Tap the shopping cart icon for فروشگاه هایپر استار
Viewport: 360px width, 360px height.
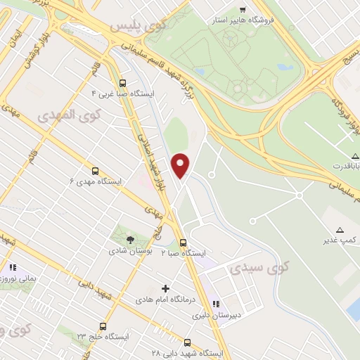pyautogui.click(x=243, y=10)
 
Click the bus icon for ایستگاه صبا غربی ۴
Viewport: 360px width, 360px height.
pyautogui.click(x=123, y=81)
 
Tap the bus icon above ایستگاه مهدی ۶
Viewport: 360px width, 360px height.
pyautogui.click(x=95, y=170)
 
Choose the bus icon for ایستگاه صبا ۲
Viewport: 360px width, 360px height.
pyautogui.click(x=184, y=242)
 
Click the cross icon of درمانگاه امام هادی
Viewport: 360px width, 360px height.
pyautogui.click(x=166, y=288)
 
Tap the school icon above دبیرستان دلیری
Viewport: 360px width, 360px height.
pyautogui.click(x=215, y=304)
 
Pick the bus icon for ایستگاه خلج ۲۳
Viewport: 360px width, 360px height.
pyautogui.click(x=103, y=326)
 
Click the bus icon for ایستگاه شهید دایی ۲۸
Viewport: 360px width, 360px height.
pyautogui.click(x=187, y=342)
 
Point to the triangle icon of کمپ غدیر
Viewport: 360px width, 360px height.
pyautogui.click(x=340, y=230)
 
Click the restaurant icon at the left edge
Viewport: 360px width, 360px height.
pyautogui.click(x=11, y=267)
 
